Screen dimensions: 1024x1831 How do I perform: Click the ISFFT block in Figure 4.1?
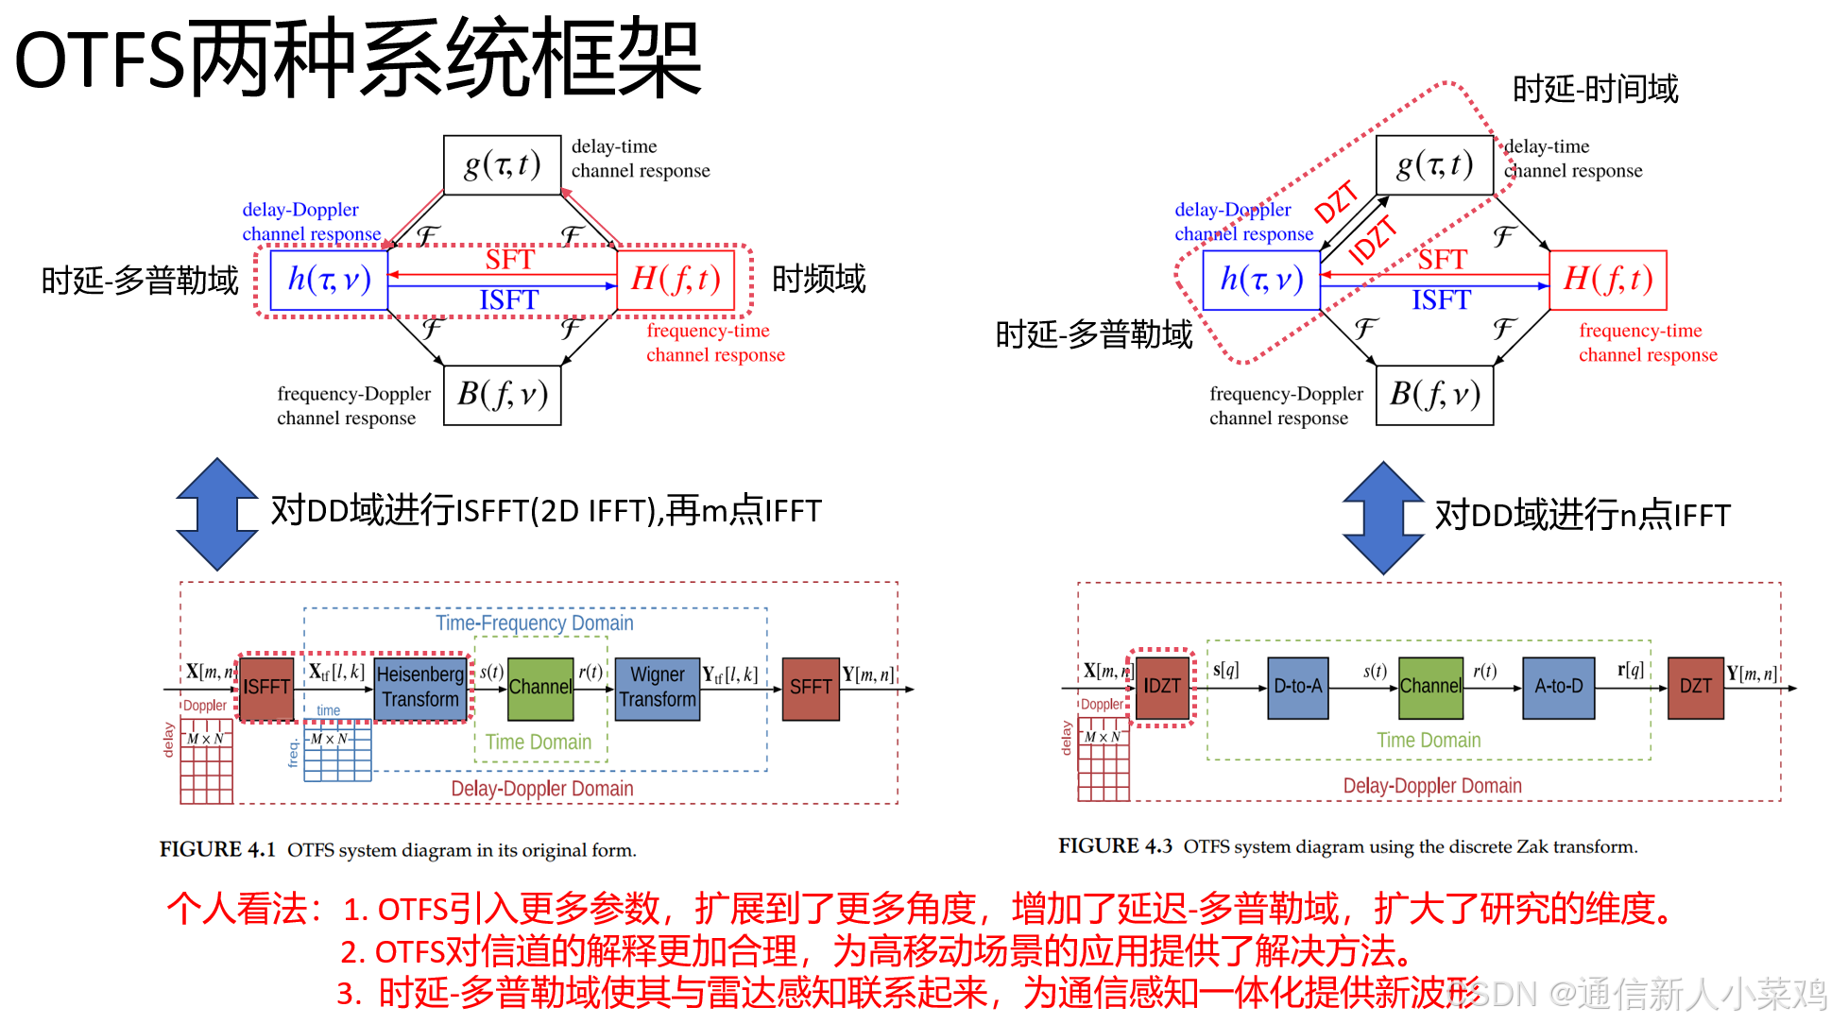[x=265, y=688]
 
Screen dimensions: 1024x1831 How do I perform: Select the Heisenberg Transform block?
[x=420, y=688]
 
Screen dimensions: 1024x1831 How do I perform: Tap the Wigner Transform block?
[x=658, y=688]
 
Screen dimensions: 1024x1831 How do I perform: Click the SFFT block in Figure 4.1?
[x=811, y=688]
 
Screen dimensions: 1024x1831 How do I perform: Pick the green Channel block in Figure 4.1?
[x=540, y=688]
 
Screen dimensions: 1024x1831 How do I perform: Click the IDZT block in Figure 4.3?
[x=1162, y=687]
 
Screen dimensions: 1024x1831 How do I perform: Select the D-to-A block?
[x=1297, y=687]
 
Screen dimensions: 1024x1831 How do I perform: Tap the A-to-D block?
[x=1558, y=687]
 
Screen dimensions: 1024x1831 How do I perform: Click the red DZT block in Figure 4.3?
[x=1695, y=687]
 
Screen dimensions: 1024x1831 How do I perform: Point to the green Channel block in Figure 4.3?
[x=1430, y=687]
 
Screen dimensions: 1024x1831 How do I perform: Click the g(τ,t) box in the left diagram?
[x=502, y=165]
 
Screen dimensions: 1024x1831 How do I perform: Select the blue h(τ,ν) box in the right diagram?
[x=1261, y=280]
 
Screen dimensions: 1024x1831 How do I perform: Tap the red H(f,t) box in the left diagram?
[x=676, y=280]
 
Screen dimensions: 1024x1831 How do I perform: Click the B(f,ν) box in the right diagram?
[x=1434, y=395]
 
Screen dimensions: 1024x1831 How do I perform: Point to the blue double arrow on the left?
[x=217, y=514]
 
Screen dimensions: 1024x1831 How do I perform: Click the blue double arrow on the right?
[x=1383, y=518]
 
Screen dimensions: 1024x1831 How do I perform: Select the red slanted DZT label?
[x=1336, y=202]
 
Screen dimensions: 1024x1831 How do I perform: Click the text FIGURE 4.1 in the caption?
[x=217, y=849]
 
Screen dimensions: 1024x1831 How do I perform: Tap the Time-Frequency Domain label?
[x=534, y=623]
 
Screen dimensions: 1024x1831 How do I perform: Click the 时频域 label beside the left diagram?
[x=818, y=280]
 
